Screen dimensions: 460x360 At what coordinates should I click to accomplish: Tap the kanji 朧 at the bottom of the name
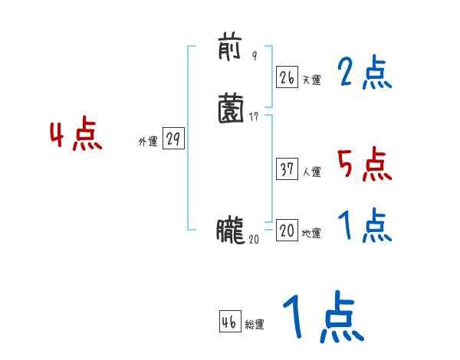(x=229, y=230)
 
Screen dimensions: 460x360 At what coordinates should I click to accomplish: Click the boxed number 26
(x=287, y=77)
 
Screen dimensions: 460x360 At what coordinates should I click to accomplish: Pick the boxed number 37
(x=287, y=169)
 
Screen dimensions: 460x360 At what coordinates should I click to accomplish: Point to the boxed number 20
(x=287, y=231)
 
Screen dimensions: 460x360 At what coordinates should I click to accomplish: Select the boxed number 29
(x=174, y=139)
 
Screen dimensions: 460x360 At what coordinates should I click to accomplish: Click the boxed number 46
(x=229, y=322)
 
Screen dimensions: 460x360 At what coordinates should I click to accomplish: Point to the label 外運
(x=148, y=142)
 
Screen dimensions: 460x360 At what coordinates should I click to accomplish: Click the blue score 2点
(x=364, y=74)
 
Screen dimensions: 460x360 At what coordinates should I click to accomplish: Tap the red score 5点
(x=364, y=165)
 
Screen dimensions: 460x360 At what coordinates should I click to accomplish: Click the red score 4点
(x=76, y=136)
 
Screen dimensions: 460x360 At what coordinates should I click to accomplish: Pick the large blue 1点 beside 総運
(x=322, y=318)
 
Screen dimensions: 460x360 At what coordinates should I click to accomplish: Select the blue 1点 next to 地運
(x=364, y=227)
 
